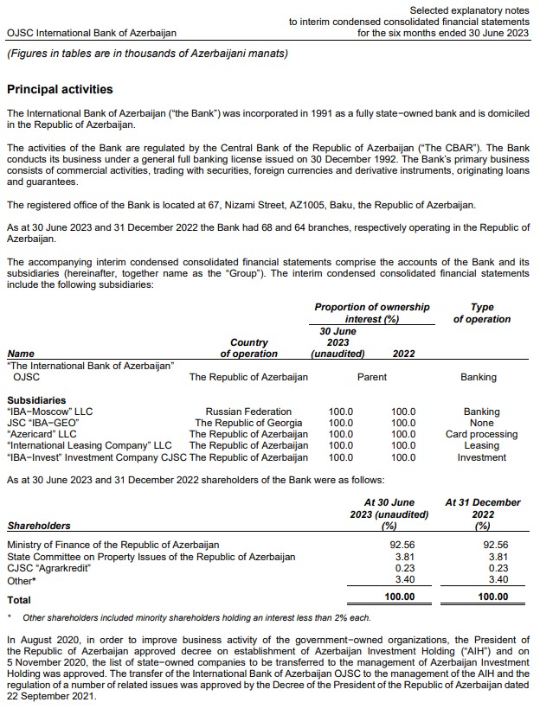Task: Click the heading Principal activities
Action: tap(60, 89)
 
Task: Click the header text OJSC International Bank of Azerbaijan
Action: tap(91, 33)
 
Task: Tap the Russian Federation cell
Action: tap(248, 412)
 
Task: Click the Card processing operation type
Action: tap(481, 434)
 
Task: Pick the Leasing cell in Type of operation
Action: tap(481, 445)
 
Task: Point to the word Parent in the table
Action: tap(372, 377)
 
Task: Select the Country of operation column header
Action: tap(249, 348)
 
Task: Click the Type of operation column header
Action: tap(481, 313)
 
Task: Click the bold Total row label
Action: tap(19, 599)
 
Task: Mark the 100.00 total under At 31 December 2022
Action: tap(493, 597)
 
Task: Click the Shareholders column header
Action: tap(39, 525)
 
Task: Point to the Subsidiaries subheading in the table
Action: tap(36, 400)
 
